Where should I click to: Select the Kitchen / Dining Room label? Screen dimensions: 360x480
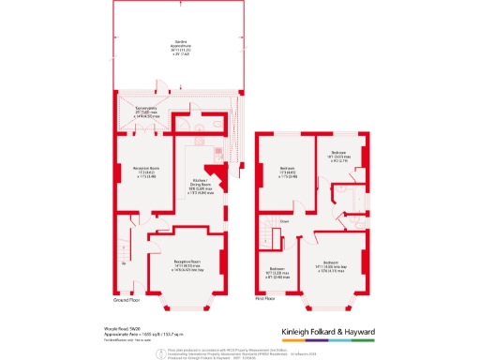[x=202, y=185]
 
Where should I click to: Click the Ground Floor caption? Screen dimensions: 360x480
[x=127, y=300]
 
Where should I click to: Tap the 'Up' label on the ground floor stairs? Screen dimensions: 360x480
[x=124, y=263]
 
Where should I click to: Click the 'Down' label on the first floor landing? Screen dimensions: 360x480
[x=282, y=222]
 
